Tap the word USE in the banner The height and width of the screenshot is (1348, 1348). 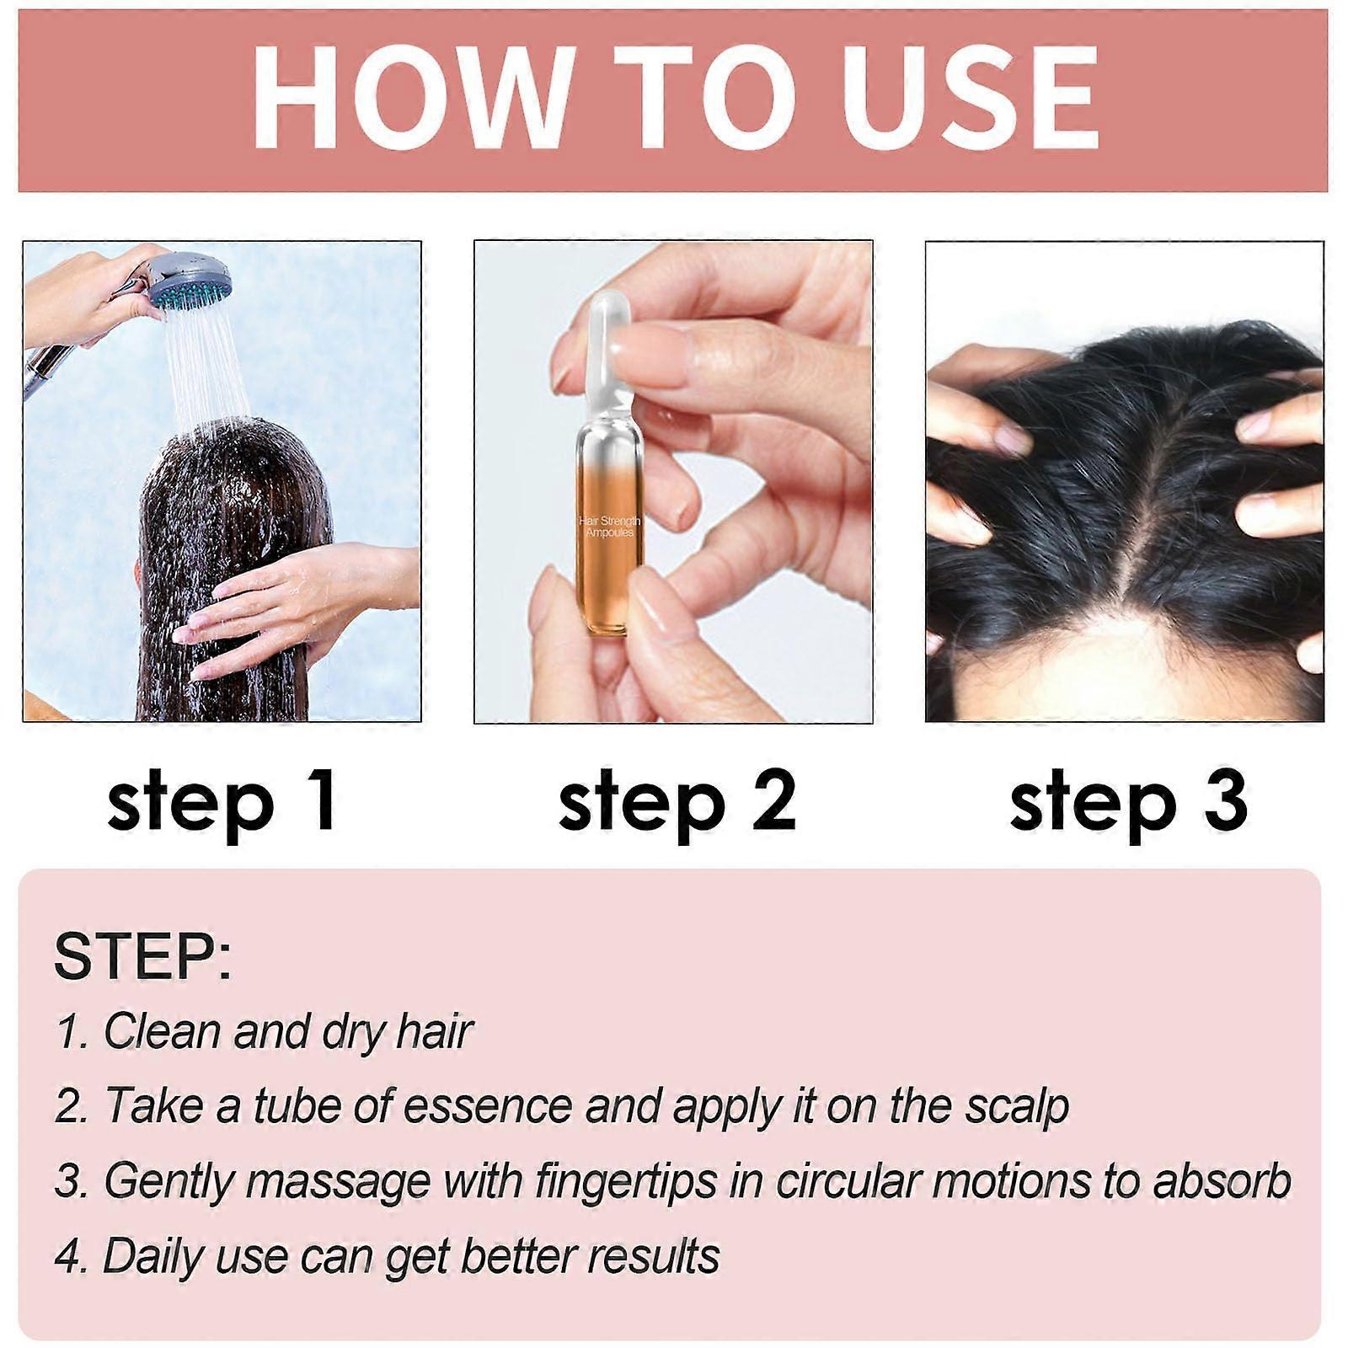coord(971,99)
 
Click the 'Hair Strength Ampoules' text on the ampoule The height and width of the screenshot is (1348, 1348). coord(610,527)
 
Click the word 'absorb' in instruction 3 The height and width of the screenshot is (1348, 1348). coord(1222,1180)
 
